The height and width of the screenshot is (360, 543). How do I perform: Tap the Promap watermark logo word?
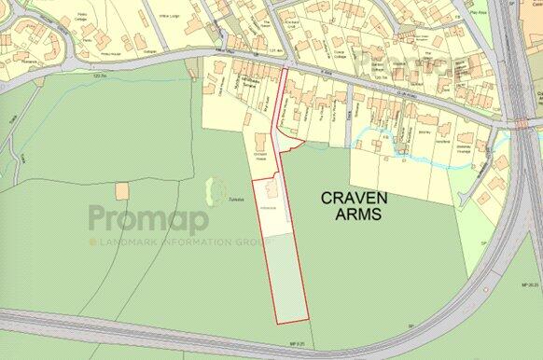coord(148,220)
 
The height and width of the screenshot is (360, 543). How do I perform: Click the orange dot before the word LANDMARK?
coord(93,242)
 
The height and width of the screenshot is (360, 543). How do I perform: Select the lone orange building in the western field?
coord(122,190)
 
